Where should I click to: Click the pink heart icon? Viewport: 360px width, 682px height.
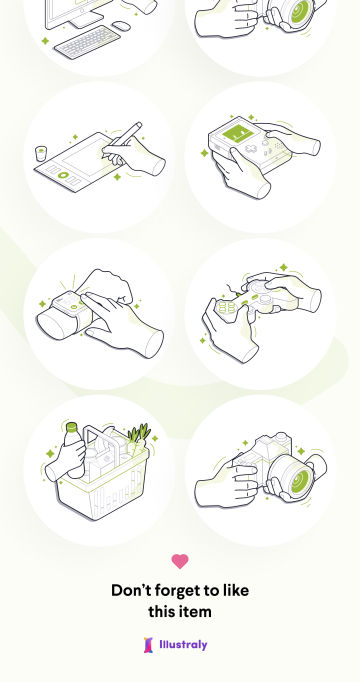click(x=180, y=561)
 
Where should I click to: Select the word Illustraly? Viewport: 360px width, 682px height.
click(x=183, y=645)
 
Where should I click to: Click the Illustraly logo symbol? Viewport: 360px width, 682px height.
click(x=149, y=645)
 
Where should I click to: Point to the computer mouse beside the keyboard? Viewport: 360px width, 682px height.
click(x=121, y=26)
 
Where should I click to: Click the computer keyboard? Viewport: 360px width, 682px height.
click(x=87, y=42)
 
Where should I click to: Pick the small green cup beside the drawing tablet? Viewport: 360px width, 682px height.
click(x=41, y=154)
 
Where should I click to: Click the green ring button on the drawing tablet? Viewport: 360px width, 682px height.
click(x=63, y=175)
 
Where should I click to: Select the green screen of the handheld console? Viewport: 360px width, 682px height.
click(x=238, y=134)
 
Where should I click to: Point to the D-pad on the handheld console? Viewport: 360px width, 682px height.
click(x=251, y=148)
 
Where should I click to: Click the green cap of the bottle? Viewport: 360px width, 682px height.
click(x=71, y=427)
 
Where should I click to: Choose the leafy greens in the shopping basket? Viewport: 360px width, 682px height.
click(x=139, y=435)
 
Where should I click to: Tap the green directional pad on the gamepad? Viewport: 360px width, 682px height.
click(x=227, y=308)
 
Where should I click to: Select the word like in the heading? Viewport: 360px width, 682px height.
click(x=233, y=591)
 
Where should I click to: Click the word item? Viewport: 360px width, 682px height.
click(x=195, y=612)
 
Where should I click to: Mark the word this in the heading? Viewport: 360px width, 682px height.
click(x=161, y=612)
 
